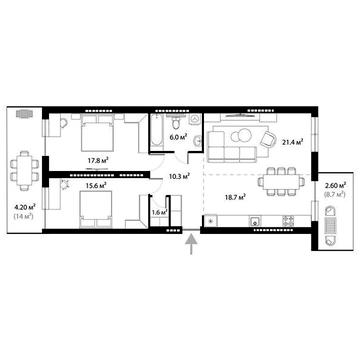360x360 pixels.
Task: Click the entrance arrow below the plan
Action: pos(191,246)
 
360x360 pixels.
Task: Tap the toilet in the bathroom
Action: pos(177,123)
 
